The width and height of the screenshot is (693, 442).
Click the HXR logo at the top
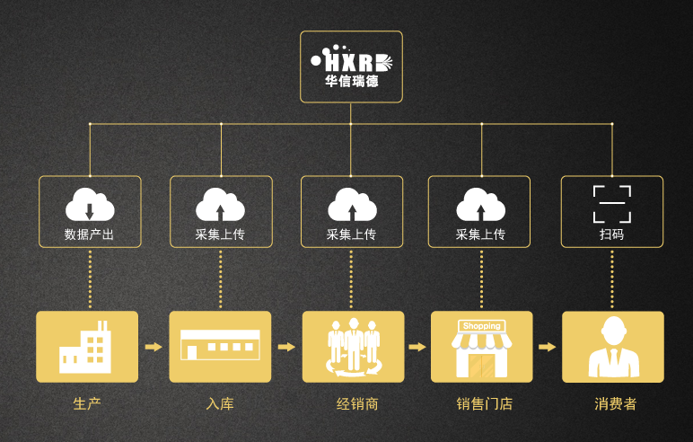click(351, 61)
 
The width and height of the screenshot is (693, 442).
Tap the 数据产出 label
click(90, 234)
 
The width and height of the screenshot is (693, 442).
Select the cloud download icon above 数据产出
click(90, 205)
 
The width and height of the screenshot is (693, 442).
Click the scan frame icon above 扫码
click(612, 204)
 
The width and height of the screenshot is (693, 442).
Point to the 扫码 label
click(612, 234)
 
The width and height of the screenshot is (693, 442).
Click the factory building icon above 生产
click(85, 347)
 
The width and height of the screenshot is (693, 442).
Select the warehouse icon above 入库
click(220, 345)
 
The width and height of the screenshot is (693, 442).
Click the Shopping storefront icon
click(482, 347)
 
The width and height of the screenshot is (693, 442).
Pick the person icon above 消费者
click(612, 347)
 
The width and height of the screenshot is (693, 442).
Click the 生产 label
click(87, 403)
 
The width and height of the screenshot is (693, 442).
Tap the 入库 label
click(220, 403)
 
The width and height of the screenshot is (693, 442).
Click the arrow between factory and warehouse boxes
click(154, 347)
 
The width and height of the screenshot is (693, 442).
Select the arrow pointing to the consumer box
click(547, 347)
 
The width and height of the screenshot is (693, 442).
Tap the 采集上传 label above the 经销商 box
click(351, 234)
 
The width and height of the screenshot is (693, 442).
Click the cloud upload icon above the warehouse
click(220, 205)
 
